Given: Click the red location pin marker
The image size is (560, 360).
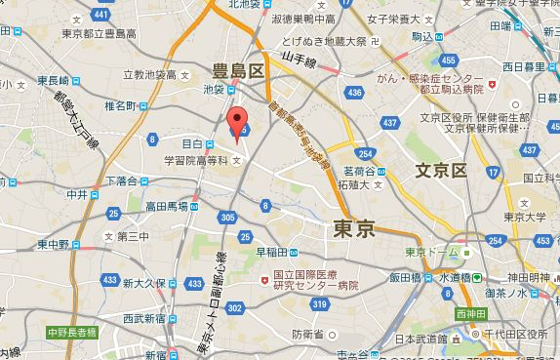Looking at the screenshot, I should pyautogui.click(x=235, y=124).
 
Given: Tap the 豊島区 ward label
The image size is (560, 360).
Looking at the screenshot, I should pyautogui.click(x=240, y=70).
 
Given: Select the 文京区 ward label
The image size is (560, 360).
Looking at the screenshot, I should pyautogui.click(x=442, y=171).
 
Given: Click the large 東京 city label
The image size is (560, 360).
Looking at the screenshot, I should pyautogui.click(x=354, y=228).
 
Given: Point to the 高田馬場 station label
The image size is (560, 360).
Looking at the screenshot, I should pyautogui.click(x=163, y=207).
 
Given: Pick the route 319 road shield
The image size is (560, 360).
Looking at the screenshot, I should pyautogui.click(x=318, y=305).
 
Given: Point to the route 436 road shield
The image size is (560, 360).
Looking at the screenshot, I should pyautogui.click(x=353, y=93).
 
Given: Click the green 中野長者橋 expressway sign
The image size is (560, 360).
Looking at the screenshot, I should pyautogui.click(x=72, y=333).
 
